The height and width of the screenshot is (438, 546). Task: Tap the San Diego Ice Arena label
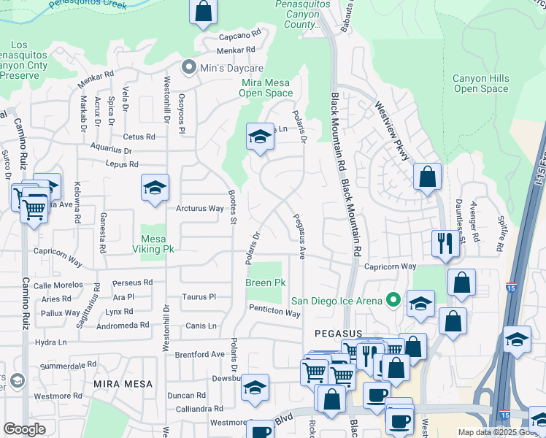[x=338, y=300]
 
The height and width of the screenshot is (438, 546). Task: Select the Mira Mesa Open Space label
[x=266, y=88]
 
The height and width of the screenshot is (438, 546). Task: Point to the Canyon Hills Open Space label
[x=480, y=84]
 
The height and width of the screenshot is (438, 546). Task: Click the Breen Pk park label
[x=265, y=283]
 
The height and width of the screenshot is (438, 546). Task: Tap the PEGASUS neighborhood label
[x=339, y=333]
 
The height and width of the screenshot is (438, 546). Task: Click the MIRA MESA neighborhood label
[x=123, y=383]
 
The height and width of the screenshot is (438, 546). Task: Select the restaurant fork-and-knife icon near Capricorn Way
[x=444, y=242]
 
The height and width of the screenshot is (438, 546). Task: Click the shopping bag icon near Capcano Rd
[x=203, y=11]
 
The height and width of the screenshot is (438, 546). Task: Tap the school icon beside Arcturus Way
[x=155, y=188]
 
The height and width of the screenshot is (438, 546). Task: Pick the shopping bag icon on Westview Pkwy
[x=427, y=177]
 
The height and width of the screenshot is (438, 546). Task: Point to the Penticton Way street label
[x=274, y=314]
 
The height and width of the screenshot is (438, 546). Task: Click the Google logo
[x=24, y=429]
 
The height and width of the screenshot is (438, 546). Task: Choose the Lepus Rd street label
[x=122, y=165]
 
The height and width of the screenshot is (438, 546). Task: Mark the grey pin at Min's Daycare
[x=188, y=68]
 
